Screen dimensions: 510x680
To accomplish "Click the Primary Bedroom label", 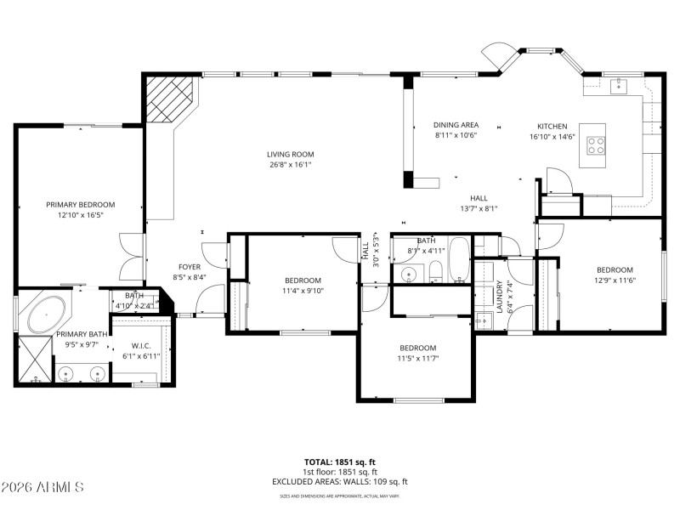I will click(x=81, y=204).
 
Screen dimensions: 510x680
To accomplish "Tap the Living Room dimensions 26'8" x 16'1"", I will click(x=291, y=165).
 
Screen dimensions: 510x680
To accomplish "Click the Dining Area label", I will click(x=456, y=125).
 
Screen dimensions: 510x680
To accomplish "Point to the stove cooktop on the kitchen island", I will click(x=597, y=145).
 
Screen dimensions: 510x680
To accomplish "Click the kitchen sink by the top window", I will click(x=618, y=84).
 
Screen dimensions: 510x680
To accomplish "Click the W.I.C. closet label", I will click(x=141, y=345).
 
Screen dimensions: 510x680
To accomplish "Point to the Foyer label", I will click(x=189, y=267).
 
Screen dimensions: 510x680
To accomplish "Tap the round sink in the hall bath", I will click(x=408, y=274).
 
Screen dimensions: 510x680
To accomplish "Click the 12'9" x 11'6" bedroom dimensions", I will click(x=615, y=280).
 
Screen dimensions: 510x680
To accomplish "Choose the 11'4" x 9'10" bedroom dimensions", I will click(x=303, y=291).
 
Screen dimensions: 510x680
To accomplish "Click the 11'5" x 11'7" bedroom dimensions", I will click(x=418, y=358).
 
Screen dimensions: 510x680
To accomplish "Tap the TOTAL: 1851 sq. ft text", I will click(x=339, y=462).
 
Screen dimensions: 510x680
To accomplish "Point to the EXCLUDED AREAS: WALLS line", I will click(x=339, y=482).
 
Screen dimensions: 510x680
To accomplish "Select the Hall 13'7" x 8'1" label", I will click(x=479, y=208).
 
